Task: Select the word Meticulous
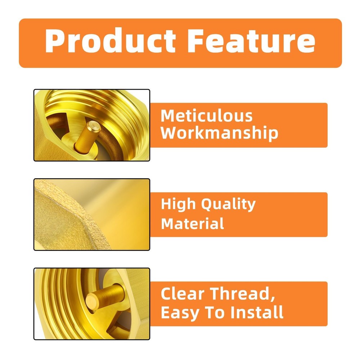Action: coord(206,116)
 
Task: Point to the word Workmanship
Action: coord(219,132)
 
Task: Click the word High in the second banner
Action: coord(178,204)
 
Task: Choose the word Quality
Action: coord(229,204)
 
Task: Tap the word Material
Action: coord(192,224)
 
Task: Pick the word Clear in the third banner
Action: coord(182,293)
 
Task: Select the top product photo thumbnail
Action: coord(92,125)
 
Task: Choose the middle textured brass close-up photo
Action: coord(92,215)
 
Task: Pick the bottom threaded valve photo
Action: coord(92,304)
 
